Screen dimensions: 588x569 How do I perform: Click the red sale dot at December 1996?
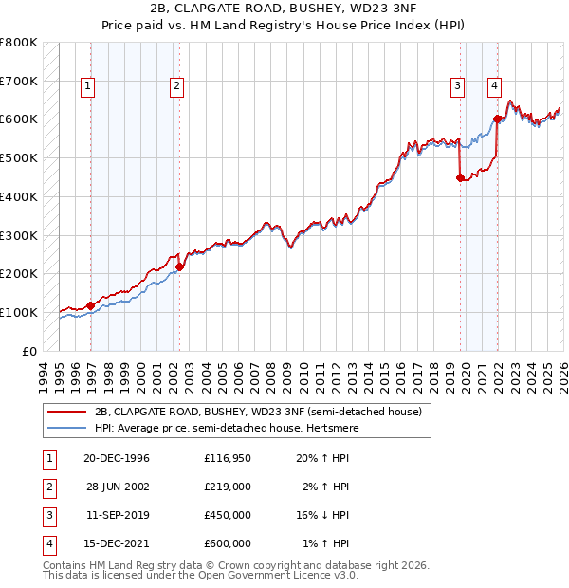[90, 305]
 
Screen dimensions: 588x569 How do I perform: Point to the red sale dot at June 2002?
[179, 266]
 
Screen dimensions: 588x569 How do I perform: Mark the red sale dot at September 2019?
[460, 177]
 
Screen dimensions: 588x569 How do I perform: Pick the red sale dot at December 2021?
[497, 119]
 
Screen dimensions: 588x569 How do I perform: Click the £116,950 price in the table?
[228, 458]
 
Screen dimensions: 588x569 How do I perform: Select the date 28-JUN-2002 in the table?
[117, 487]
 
